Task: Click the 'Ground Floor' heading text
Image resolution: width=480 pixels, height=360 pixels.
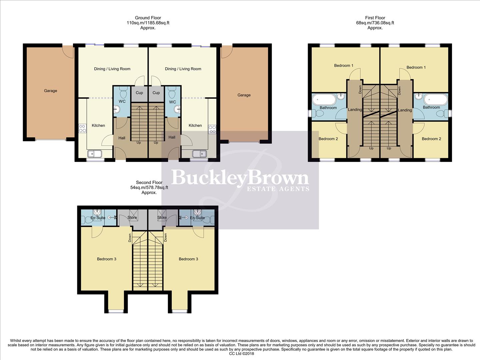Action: point(148,18)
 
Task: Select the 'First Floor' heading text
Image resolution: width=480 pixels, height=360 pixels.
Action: point(375,18)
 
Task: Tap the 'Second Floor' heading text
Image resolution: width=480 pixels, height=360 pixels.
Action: point(149,183)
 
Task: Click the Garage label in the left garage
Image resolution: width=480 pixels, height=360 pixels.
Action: point(51,91)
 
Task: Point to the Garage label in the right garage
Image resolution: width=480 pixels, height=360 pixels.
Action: point(244,95)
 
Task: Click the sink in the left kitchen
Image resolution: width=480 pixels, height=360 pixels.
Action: point(95,154)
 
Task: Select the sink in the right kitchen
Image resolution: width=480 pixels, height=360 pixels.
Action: point(199,154)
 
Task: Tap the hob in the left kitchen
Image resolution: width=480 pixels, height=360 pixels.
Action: point(82,128)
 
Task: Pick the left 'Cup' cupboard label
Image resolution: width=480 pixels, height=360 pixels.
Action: point(139,93)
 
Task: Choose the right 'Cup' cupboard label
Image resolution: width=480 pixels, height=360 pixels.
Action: point(156,93)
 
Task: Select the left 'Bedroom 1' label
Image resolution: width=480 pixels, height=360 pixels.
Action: point(344,66)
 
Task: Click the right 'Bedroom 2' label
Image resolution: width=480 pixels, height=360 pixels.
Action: point(431,139)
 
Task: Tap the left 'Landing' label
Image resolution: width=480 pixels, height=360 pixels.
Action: point(355,110)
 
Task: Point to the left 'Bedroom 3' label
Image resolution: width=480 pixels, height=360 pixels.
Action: point(107,259)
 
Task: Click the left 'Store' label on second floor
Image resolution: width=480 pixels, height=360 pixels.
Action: point(132,217)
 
